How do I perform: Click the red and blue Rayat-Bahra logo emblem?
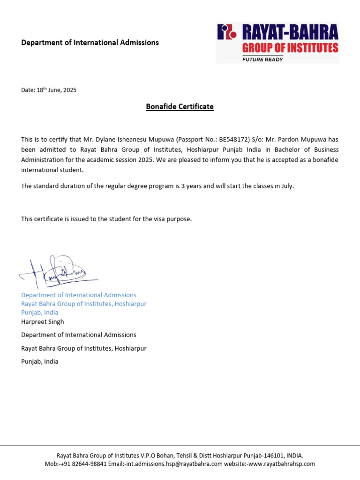[x=227, y=32]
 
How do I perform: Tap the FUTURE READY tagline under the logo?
[x=262, y=59]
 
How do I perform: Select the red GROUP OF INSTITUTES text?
[x=290, y=48]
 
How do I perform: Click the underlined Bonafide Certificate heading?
[x=180, y=107]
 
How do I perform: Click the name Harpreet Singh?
[x=43, y=322]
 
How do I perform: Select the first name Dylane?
[x=105, y=139]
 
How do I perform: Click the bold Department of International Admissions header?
[x=90, y=43]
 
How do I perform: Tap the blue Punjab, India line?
[x=40, y=313]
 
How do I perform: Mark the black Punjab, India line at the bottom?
[x=40, y=362]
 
